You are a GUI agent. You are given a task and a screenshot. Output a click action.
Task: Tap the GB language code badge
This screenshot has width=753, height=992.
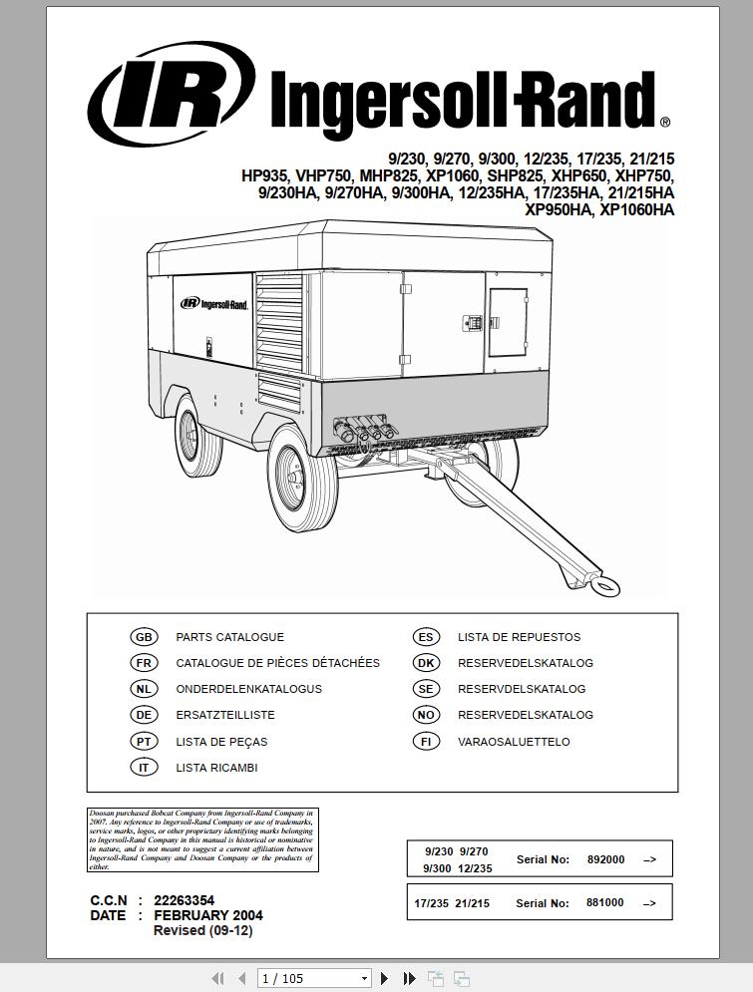(x=144, y=637)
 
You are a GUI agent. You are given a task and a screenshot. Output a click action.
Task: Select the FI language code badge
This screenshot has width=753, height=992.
(x=426, y=742)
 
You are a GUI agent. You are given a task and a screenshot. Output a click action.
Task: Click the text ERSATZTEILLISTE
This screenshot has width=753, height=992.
(x=225, y=715)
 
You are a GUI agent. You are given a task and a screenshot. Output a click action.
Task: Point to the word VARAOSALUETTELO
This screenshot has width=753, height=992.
(x=514, y=742)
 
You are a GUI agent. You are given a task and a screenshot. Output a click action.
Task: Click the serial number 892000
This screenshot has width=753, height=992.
(x=605, y=859)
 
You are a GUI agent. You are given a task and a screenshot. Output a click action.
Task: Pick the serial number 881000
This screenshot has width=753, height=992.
(x=604, y=903)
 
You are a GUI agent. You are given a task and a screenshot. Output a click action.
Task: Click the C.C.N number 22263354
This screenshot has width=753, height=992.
(x=184, y=900)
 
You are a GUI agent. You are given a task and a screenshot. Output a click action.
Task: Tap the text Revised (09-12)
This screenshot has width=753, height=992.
(x=202, y=931)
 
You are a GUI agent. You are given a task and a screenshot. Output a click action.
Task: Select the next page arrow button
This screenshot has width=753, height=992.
(x=385, y=979)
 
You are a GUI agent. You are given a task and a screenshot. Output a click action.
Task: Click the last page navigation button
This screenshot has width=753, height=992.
(x=409, y=979)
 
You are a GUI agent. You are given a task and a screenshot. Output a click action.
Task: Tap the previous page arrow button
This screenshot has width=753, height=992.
(x=241, y=979)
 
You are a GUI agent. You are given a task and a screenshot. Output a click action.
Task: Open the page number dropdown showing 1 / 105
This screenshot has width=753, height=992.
(x=313, y=979)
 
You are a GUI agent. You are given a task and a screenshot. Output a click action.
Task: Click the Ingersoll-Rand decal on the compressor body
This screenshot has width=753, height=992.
(x=213, y=304)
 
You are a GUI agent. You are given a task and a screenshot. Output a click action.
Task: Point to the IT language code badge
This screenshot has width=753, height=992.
(x=144, y=768)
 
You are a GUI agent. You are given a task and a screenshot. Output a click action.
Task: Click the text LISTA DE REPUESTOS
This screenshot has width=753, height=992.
(x=519, y=637)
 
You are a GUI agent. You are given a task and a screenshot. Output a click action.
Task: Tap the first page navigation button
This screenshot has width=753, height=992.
(x=216, y=979)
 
